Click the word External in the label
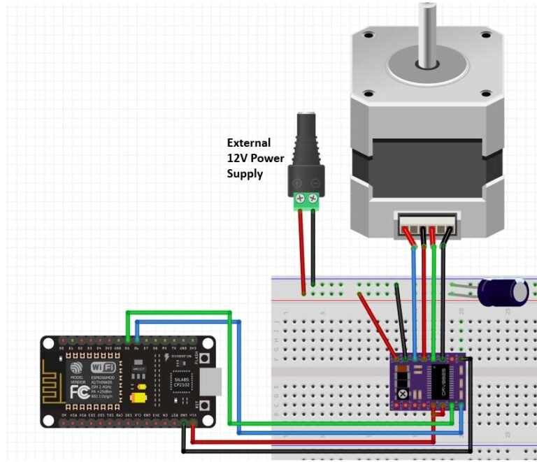pos(248,143)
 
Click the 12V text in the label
pos(237,158)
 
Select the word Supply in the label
pos(244,173)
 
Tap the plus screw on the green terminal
pos(300,199)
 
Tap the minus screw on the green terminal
pos(315,199)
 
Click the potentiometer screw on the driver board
pos(403,394)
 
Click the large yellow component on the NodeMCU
pos(138,398)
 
